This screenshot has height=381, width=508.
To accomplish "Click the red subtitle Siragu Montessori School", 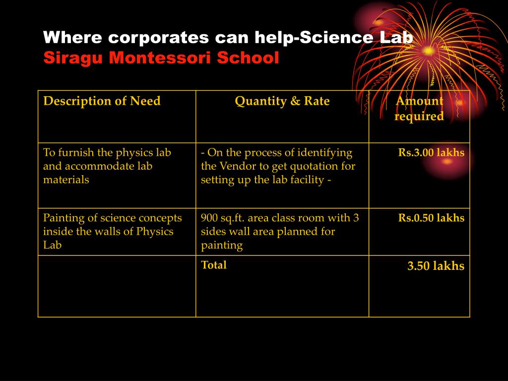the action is [x=161, y=58].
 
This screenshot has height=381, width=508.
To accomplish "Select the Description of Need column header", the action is [x=102, y=101].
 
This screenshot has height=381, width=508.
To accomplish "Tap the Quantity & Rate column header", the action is [x=282, y=101].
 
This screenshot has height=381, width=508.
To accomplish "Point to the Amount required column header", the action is [x=419, y=109].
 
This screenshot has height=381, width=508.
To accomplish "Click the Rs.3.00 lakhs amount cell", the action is [x=431, y=152].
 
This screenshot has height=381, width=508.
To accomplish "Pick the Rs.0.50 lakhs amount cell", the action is [x=431, y=218].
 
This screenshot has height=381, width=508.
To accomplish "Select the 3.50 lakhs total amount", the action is [x=436, y=266].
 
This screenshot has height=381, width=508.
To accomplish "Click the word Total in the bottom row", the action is [x=214, y=265].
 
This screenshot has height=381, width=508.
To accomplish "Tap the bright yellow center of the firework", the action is [x=429, y=51].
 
